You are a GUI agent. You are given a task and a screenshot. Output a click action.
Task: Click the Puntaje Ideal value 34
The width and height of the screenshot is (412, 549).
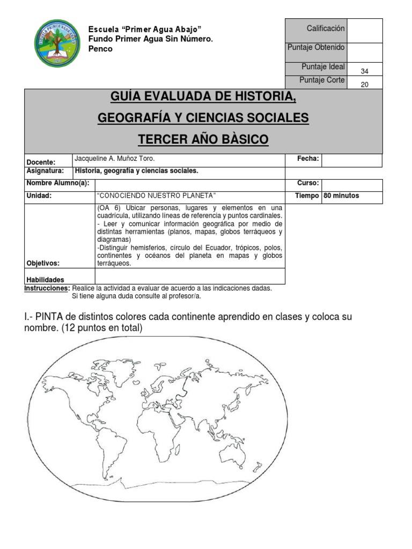click(x=365, y=71)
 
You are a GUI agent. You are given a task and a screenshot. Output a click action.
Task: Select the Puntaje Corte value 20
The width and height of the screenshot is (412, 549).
click(x=365, y=84)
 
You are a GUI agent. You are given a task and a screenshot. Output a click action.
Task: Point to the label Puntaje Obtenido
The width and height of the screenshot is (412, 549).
click(x=316, y=47)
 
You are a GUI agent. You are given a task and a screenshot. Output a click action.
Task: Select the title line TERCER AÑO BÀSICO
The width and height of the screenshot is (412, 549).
click(x=203, y=140)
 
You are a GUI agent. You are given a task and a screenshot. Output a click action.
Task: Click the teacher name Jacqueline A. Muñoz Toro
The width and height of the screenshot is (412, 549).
click(x=115, y=159)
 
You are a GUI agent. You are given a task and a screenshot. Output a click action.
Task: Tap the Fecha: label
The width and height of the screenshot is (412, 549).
click(x=308, y=159)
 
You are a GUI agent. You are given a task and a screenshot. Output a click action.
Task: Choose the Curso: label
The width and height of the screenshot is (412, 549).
click(x=308, y=183)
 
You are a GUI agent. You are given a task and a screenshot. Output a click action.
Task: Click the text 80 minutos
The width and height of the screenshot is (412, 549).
click(x=342, y=196)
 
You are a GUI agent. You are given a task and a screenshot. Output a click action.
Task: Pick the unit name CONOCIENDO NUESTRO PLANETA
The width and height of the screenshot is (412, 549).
click(x=156, y=196)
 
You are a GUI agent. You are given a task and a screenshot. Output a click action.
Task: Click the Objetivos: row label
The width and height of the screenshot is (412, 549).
click(x=43, y=263)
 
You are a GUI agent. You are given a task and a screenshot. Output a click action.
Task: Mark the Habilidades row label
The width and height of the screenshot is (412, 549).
click(x=45, y=279)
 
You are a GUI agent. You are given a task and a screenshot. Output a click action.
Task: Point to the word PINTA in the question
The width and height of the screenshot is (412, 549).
click(x=49, y=317)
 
